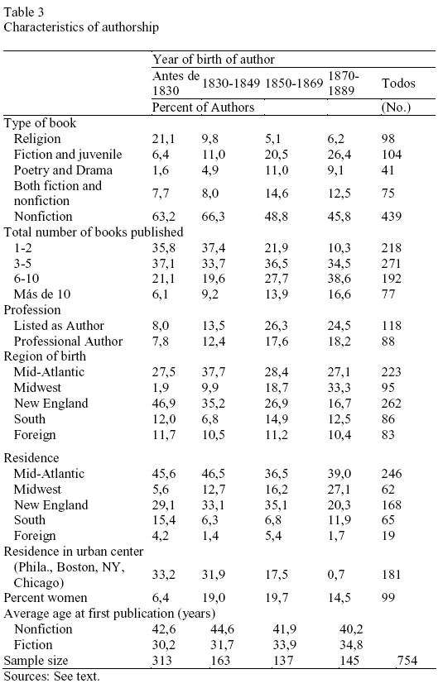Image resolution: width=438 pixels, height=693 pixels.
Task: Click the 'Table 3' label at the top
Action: coord(24,12)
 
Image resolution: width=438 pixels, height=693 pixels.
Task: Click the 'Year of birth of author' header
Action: coord(214,60)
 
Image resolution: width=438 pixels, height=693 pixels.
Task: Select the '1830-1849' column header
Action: coord(231,83)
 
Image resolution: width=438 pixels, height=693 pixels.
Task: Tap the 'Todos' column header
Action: coord(398,83)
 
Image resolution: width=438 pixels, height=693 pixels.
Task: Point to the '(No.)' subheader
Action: coord(396,108)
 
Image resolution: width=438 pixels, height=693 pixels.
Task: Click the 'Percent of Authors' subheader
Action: coord(203,108)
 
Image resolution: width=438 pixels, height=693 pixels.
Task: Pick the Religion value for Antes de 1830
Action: coord(163,139)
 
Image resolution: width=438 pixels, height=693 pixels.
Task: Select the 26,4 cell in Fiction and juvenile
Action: coord(339,155)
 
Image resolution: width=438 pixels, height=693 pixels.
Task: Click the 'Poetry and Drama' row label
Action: coord(63,170)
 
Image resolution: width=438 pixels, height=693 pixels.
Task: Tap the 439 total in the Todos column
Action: coord(391,216)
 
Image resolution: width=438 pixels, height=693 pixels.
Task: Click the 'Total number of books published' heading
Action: coord(94,232)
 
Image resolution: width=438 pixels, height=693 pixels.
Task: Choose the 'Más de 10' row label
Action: coord(42,294)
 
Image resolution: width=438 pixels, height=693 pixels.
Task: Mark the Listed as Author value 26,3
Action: coord(276,325)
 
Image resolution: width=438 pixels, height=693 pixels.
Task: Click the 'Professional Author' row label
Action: coord(68,342)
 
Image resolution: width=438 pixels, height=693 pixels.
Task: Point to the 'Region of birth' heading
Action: coord(45,356)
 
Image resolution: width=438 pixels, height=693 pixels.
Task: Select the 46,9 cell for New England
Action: coord(163,403)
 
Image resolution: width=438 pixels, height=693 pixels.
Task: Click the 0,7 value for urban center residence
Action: coord(336,575)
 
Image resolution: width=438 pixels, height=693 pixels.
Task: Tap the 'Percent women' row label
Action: coord(46,598)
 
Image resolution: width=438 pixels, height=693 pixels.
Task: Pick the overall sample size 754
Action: coord(407,660)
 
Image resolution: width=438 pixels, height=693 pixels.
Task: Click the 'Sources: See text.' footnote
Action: coord(52,676)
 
